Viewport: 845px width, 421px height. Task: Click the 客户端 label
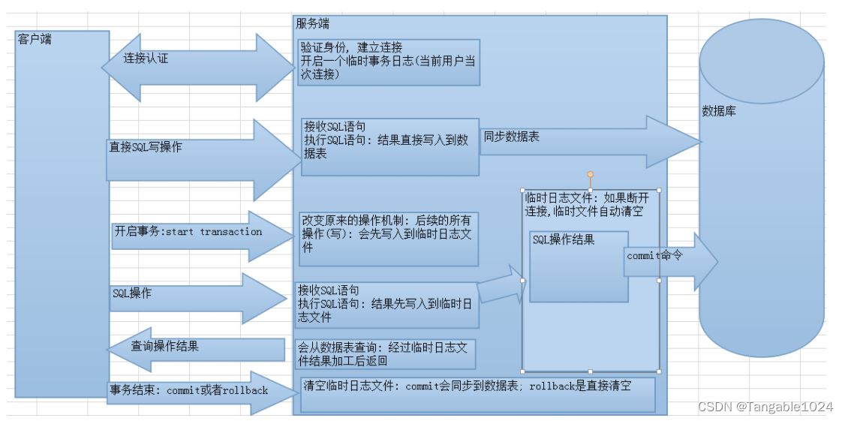[35, 40]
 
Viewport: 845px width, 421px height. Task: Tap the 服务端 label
[311, 23]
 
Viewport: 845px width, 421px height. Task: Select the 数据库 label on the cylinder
[718, 111]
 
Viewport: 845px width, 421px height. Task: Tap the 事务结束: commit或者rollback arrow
[198, 392]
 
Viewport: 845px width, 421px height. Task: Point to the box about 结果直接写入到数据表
[389, 146]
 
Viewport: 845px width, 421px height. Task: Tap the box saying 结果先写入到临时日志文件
[386, 305]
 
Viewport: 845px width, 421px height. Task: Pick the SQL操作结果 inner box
[579, 266]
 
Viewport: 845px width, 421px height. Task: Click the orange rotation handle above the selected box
[591, 174]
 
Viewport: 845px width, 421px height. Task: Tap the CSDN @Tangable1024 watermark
[765, 407]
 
